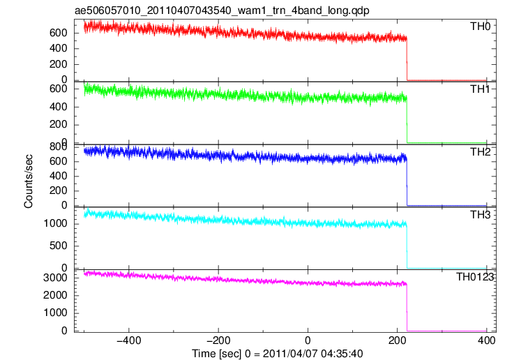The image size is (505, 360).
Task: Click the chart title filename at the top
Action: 222,10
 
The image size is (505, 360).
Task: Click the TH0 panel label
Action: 480,26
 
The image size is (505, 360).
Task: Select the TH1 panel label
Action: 480,89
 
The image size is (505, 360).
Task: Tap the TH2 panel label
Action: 480,151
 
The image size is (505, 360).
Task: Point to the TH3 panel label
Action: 480,214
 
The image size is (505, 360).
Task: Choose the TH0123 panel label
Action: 475,276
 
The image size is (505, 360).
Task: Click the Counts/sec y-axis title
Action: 29,181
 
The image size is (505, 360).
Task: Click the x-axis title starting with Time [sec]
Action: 278,353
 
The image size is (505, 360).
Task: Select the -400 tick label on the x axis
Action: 128,340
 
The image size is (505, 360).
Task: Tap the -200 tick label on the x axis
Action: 218,340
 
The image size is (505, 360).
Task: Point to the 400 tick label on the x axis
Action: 486,340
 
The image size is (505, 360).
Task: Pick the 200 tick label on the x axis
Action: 397,340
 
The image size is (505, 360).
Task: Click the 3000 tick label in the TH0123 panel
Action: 55,278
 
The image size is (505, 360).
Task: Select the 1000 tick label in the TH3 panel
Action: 55,223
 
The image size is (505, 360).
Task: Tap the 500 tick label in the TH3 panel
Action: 59,246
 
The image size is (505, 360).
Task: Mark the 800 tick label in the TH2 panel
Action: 59,147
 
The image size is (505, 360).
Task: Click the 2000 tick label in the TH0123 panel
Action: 55,295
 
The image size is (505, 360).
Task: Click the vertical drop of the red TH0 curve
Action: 407,59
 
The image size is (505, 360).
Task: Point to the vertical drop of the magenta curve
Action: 407,307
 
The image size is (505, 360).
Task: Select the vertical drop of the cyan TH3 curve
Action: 407,246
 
